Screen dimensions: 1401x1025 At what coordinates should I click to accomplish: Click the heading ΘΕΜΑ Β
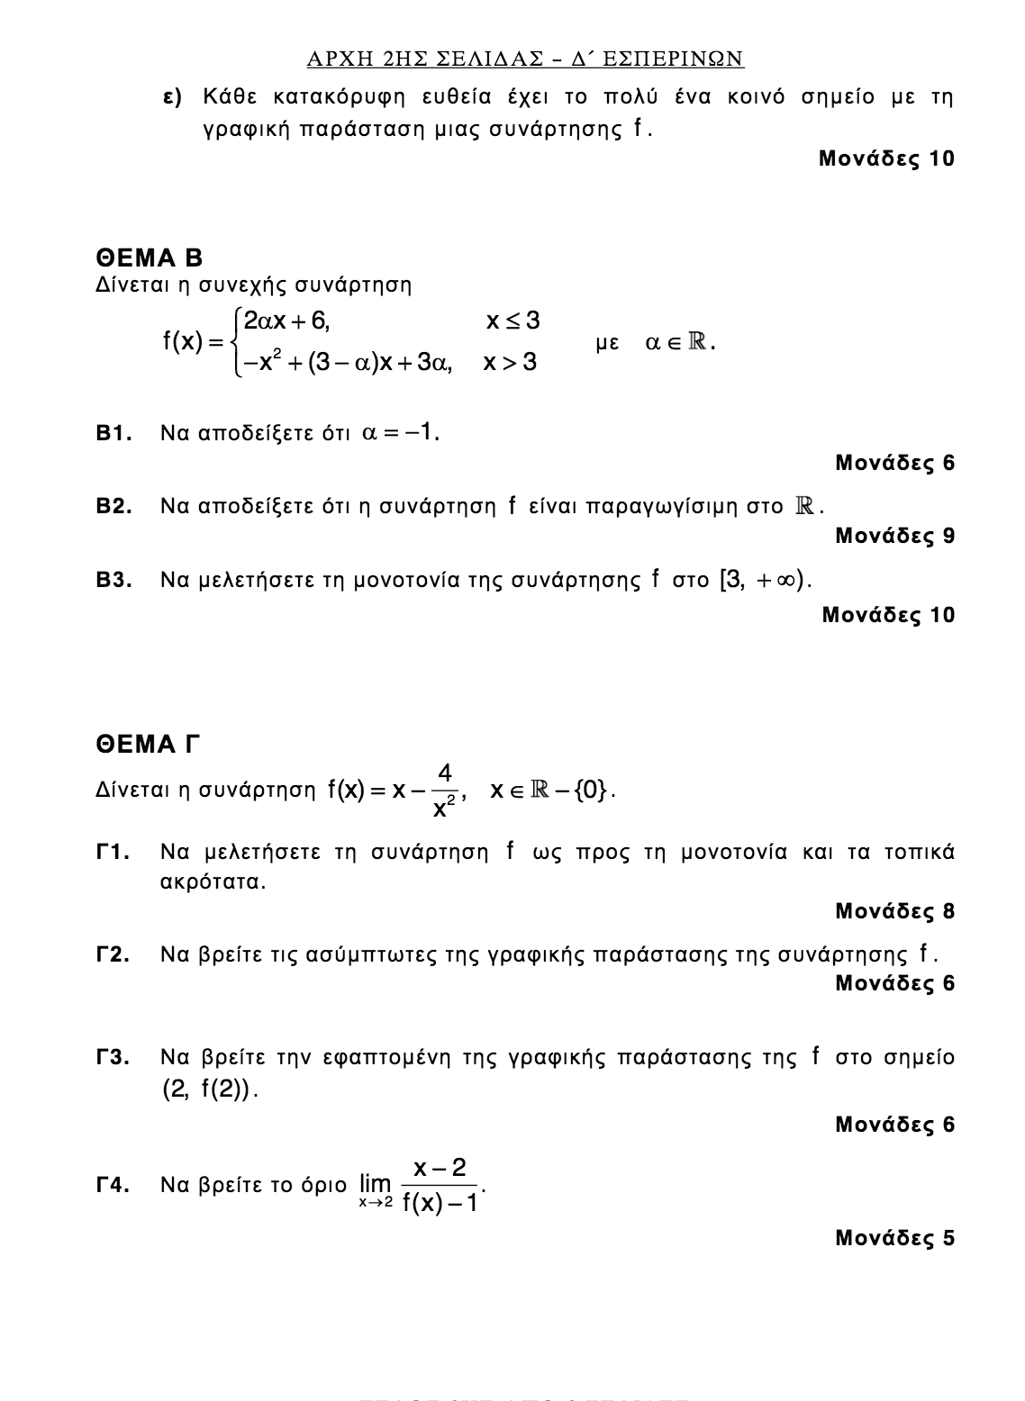[150, 258]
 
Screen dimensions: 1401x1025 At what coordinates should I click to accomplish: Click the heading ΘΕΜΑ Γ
[147, 745]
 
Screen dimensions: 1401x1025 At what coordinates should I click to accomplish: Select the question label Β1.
[115, 434]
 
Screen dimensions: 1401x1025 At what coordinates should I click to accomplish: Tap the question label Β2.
[115, 507]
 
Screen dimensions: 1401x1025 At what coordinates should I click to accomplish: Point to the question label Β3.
[115, 580]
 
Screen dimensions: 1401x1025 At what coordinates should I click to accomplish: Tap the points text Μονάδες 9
[894, 536]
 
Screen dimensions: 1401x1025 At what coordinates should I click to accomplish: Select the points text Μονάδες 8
[894, 911]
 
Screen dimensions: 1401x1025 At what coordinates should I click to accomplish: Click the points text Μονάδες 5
[894, 1238]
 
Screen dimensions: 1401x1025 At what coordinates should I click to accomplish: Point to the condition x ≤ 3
[512, 321]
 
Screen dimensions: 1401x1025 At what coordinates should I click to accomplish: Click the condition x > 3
[510, 363]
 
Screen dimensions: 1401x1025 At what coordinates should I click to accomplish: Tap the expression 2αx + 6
[286, 321]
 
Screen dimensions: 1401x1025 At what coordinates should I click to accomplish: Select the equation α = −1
[400, 433]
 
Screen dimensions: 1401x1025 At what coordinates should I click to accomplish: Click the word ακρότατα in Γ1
[212, 881]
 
